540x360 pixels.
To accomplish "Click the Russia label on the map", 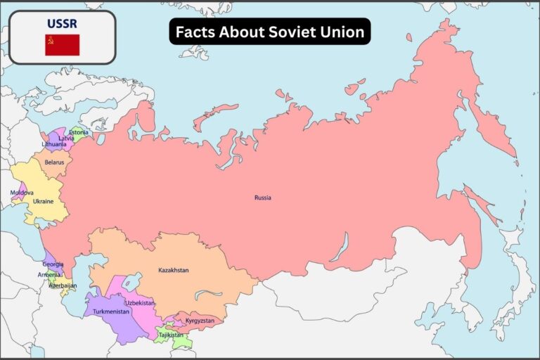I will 263,198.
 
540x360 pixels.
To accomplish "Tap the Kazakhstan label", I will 173,270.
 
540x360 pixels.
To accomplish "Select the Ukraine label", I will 43,201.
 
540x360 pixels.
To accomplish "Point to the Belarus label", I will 54,162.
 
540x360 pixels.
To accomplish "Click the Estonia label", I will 79,132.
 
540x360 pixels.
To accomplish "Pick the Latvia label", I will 66,139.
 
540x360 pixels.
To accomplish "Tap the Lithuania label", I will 54,144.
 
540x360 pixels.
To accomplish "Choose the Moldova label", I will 22,193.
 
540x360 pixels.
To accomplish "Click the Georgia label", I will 53,264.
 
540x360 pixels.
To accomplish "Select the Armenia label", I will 49,275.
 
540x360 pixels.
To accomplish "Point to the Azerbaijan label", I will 63,286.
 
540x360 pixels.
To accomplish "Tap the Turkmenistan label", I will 111,311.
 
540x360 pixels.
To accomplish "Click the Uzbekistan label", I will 140,302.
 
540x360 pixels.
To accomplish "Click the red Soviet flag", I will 62,45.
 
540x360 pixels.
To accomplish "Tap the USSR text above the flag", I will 62,23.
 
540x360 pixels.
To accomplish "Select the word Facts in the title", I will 194,32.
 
